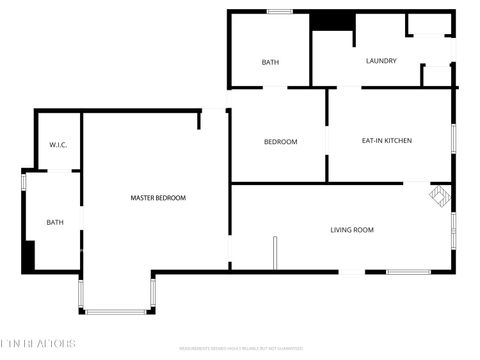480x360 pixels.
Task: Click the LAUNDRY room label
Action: pyautogui.click(x=381, y=61)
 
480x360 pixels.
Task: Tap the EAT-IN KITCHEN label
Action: pyautogui.click(x=387, y=141)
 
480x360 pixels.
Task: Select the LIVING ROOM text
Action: pyautogui.click(x=352, y=230)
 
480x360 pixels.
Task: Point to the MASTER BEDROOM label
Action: pyautogui.click(x=158, y=198)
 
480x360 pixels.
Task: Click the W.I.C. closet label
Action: pyautogui.click(x=58, y=146)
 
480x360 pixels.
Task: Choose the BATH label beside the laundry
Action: pyautogui.click(x=270, y=62)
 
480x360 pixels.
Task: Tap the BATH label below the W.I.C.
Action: pyautogui.click(x=55, y=222)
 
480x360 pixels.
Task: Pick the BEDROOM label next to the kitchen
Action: pyautogui.click(x=280, y=142)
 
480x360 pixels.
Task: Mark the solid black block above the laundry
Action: pyautogui.click(x=332, y=21)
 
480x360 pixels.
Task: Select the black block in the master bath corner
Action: pyautogui.click(x=28, y=255)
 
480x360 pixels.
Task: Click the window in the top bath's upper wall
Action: pyautogui.click(x=279, y=11)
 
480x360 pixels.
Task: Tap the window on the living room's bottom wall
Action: pyautogui.click(x=408, y=272)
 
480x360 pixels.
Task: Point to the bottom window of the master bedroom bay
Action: pyautogui.click(x=115, y=312)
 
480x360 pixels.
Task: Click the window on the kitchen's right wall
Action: pyautogui.click(x=454, y=137)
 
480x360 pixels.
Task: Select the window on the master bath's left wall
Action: pyautogui.click(x=23, y=182)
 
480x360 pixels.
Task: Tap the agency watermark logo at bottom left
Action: pyautogui.click(x=37, y=344)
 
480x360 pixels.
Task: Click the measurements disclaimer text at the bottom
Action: pyautogui.click(x=240, y=349)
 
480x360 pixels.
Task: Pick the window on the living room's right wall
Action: pyautogui.click(x=454, y=229)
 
